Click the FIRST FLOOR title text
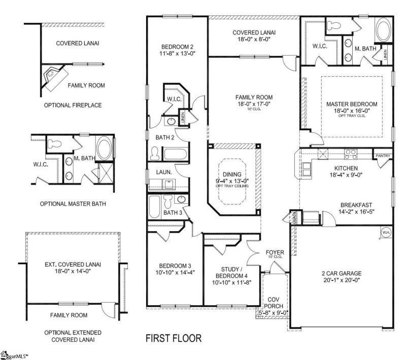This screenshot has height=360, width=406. click(174, 338)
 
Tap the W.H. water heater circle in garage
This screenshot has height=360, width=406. click(385, 232)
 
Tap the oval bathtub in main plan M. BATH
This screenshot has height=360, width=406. click(381, 30)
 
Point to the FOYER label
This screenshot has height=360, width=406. click(275, 252)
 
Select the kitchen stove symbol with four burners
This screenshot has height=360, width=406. click(350, 152)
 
